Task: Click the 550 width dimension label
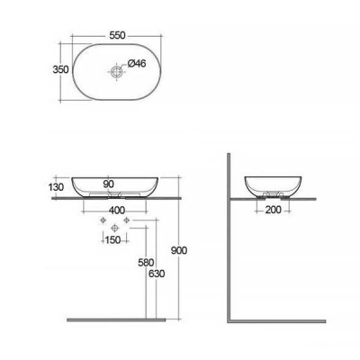(117, 35)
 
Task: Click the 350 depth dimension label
(60, 69)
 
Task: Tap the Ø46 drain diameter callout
(137, 64)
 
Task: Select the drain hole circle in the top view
(116, 71)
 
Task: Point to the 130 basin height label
(56, 187)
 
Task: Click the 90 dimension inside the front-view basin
(109, 184)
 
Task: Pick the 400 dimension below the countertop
(117, 211)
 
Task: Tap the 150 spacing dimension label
(112, 239)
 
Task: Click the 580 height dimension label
(146, 263)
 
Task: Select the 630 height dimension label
(157, 274)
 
